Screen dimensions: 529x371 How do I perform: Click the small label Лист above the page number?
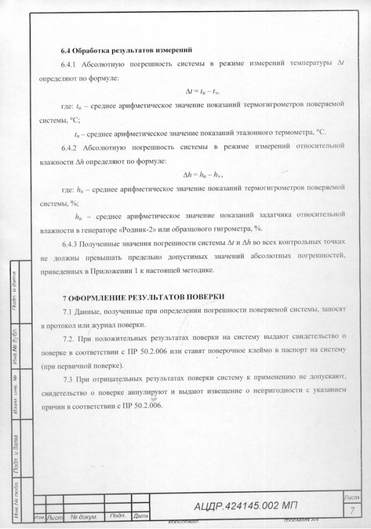(351, 497)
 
